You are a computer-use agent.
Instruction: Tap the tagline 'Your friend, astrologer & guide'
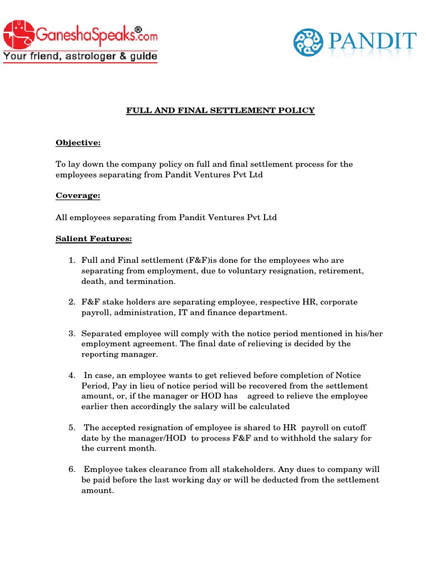80,56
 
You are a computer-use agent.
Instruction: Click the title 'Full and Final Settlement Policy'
220,110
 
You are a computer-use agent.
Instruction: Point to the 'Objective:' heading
78,143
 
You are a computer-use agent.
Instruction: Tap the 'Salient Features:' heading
94,239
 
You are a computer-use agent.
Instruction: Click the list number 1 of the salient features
72,260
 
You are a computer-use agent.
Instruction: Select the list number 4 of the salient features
72,376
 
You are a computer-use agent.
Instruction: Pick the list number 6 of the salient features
72,469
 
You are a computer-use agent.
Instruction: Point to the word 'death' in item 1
92,281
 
